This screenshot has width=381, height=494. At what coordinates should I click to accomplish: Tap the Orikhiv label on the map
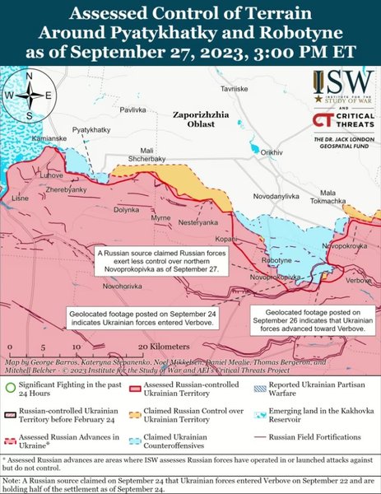(271, 152)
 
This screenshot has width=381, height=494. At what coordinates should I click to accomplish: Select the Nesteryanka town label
(198, 223)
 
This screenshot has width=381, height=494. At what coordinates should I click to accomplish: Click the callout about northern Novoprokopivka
(159, 260)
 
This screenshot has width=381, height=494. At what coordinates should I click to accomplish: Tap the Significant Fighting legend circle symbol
(9, 384)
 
